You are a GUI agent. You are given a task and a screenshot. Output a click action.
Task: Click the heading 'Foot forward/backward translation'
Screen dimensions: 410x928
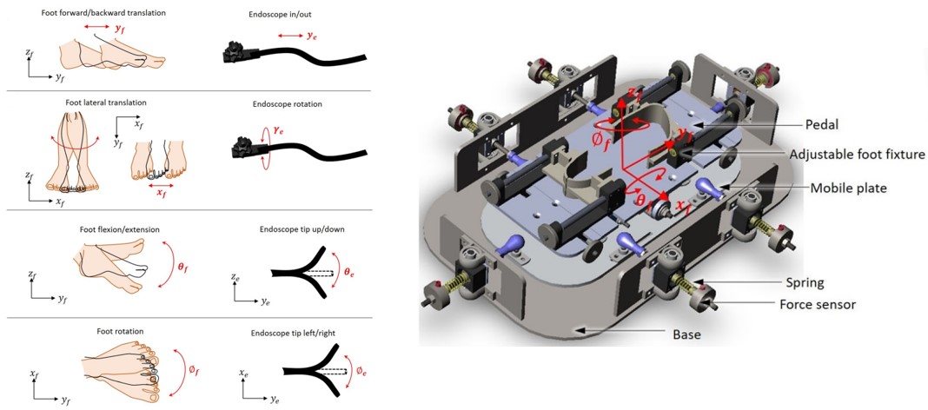(103, 13)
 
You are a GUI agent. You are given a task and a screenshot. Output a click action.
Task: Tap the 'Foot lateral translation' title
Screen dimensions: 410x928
(99, 102)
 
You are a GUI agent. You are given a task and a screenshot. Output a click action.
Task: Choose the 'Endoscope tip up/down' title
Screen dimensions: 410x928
(294, 230)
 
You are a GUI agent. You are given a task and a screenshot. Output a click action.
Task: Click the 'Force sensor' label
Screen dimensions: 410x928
(819, 304)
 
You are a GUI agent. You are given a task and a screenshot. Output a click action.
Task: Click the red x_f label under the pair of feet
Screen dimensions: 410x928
(162, 195)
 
